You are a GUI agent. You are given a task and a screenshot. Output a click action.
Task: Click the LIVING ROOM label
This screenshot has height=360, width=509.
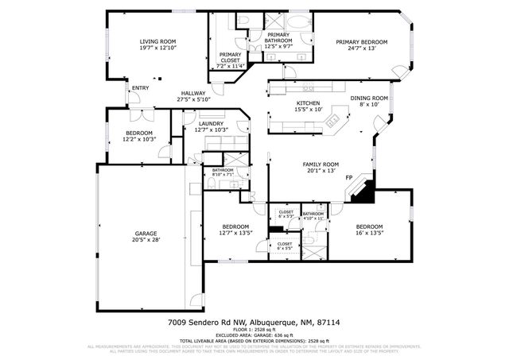[x=157, y=41]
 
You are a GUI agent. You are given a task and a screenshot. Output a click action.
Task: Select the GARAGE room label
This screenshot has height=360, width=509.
[x=146, y=234]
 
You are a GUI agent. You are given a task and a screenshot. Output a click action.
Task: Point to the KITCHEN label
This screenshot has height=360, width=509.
[x=308, y=103]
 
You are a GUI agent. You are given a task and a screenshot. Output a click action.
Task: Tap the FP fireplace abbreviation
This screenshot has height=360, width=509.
[x=348, y=188]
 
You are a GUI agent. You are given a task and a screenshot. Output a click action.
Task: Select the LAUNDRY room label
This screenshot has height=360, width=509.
[x=211, y=123]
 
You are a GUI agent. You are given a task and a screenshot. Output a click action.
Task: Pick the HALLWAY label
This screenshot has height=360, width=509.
[x=193, y=93]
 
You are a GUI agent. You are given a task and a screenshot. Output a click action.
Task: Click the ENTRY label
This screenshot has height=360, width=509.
[x=140, y=87]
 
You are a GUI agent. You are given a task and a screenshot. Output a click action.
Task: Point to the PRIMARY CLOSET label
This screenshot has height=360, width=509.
[x=231, y=56]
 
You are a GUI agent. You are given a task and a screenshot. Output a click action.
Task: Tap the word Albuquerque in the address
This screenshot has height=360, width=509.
[x=273, y=323]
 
